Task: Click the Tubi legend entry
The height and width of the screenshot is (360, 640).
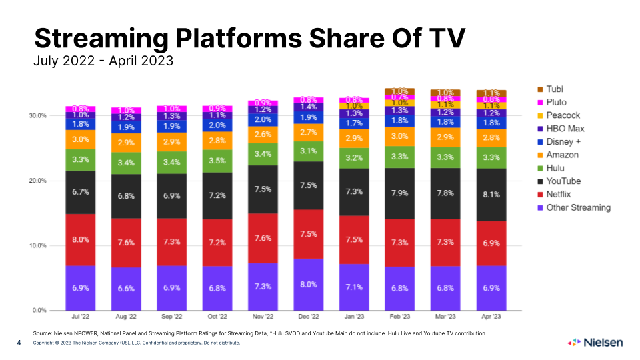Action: tap(555, 89)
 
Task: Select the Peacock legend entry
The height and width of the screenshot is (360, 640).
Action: tap(562, 115)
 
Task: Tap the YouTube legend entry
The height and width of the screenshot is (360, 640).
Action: tap(563, 181)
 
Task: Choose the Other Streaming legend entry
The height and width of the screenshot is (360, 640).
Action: tap(577, 207)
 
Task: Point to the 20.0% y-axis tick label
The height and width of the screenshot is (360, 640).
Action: tap(37, 181)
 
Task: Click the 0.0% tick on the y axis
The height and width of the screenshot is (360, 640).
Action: tap(39, 311)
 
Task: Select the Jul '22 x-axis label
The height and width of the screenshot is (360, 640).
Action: tap(80, 318)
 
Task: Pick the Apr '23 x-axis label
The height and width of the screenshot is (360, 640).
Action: tap(491, 318)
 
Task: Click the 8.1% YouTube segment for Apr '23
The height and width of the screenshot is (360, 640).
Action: tap(491, 195)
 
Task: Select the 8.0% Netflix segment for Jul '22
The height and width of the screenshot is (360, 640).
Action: tap(80, 240)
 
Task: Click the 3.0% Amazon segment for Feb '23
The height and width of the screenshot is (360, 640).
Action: tap(399, 136)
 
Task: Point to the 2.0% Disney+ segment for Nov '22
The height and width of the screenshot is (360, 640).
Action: tap(262, 119)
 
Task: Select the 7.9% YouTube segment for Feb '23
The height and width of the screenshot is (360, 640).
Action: tap(399, 193)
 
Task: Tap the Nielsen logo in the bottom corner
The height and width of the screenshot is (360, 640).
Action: tap(595, 343)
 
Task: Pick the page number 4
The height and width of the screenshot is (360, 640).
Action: tap(19, 343)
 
